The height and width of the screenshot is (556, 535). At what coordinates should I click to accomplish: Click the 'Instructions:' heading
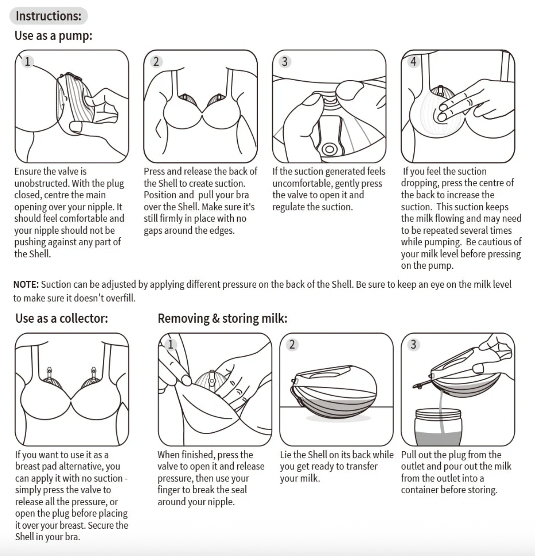point(49,16)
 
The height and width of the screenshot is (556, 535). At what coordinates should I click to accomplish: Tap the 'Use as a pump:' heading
point(54,36)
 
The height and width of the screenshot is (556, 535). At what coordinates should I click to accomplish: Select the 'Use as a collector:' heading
point(62,318)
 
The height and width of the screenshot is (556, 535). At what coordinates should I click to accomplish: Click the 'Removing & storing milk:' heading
point(222,318)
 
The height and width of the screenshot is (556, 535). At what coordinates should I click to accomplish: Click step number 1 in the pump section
point(27,61)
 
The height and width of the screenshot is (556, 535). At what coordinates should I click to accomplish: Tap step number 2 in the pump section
point(156,61)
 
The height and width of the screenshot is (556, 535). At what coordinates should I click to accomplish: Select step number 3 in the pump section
point(285,61)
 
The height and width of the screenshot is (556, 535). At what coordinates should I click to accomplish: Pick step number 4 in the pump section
point(413,61)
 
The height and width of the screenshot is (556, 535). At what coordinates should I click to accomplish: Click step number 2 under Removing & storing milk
point(292,344)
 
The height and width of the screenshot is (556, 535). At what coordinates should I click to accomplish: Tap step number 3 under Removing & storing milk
point(413,344)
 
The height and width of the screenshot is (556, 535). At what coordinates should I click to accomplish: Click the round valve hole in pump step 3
point(330,149)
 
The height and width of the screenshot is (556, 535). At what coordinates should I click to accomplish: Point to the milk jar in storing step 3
point(438,427)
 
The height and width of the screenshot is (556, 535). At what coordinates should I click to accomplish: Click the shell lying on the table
point(334,392)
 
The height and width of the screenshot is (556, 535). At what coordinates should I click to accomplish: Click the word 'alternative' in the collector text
point(79,466)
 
